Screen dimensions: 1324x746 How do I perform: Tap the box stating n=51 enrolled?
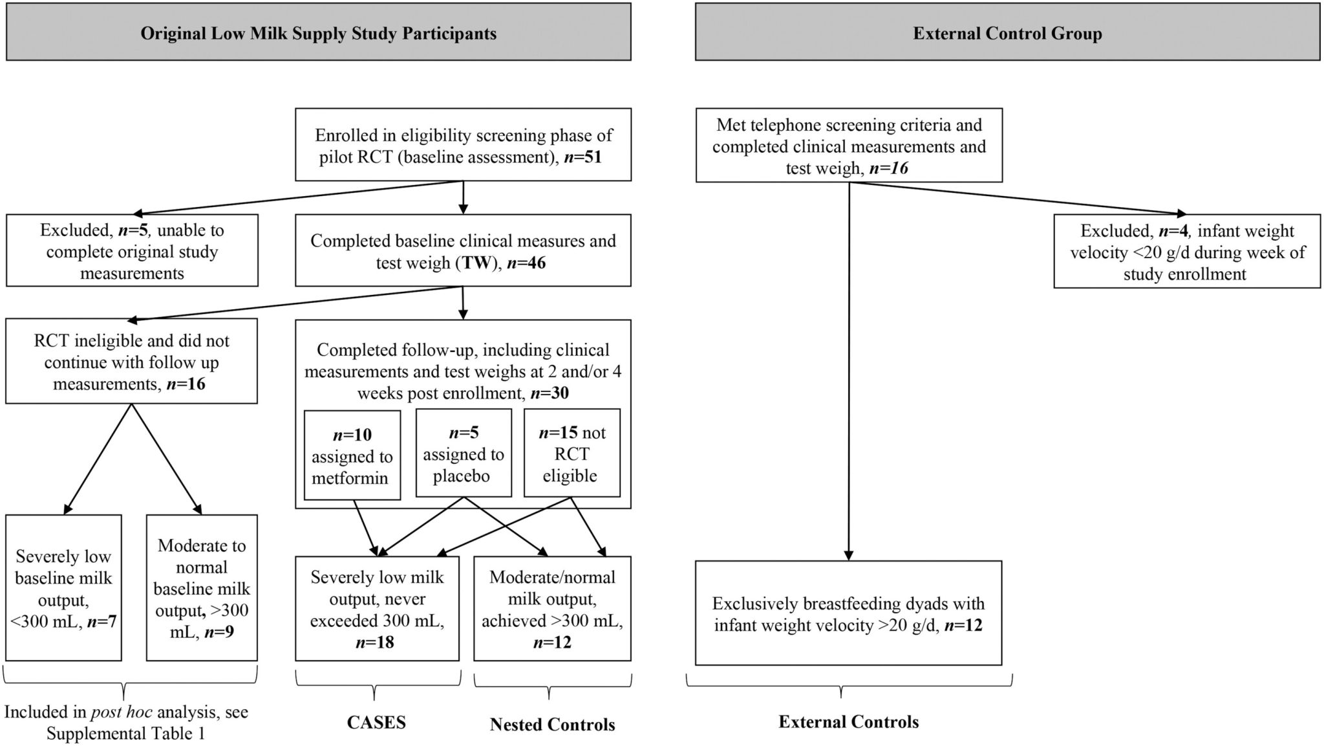(x=463, y=145)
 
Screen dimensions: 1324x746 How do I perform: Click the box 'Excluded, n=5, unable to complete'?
(x=132, y=250)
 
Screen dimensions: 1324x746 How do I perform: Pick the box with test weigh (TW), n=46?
(x=463, y=250)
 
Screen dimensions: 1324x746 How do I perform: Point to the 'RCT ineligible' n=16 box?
(x=131, y=361)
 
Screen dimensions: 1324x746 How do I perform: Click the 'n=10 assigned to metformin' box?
(x=352, y=455)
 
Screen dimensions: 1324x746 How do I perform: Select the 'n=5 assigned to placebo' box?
(x=464, y=453)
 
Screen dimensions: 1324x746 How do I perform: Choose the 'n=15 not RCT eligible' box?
(x=572, y=453)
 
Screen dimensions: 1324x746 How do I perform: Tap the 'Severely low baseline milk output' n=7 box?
(x=63, y=587)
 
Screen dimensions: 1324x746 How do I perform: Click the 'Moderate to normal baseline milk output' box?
(x=202, y=587)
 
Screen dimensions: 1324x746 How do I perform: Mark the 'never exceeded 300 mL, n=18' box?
(x=378, y=608)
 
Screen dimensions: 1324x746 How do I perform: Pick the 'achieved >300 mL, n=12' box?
(x=552, y=608)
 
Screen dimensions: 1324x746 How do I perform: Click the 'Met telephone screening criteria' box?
(x=849, y=146)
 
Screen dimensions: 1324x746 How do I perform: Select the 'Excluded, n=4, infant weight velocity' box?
(x=1187, y=251)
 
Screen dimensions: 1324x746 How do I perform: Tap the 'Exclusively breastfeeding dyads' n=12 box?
(x=849, y=613)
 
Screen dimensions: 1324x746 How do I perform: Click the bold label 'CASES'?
(x=376, y=722)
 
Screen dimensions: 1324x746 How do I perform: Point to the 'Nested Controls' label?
(x=552, y=724)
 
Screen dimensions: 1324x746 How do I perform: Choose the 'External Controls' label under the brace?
(x=849, y=721)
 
